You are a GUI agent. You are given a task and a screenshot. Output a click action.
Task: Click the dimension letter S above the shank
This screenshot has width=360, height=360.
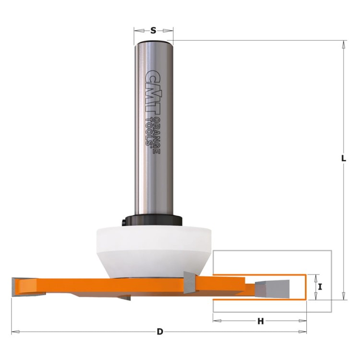pos(153,30)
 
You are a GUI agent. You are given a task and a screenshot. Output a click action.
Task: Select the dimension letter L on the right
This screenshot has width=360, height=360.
pos(344,158)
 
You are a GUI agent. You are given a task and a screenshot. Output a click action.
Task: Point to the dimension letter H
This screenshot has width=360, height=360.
pos(261,321)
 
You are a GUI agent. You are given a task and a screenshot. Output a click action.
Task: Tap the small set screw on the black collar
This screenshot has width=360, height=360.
pos(124,221)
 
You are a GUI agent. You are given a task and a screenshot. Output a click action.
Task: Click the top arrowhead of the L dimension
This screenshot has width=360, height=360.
pos(344,44)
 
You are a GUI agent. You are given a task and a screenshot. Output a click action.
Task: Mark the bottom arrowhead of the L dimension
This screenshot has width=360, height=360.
pos(344,296)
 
